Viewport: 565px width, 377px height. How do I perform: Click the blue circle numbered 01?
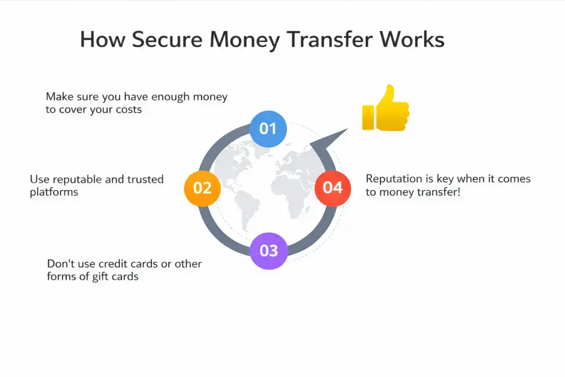coord(268,129)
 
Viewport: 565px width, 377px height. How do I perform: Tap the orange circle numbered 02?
coord(202,188)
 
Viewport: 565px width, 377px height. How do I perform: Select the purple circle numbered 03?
coord(269,251)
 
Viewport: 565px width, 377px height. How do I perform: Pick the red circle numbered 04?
coord(333,188)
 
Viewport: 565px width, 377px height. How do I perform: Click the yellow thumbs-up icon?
coord(385,108)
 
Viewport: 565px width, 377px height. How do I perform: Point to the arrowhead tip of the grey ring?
coord(348,130)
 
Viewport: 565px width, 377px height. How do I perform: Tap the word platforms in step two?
coord(54,192)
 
